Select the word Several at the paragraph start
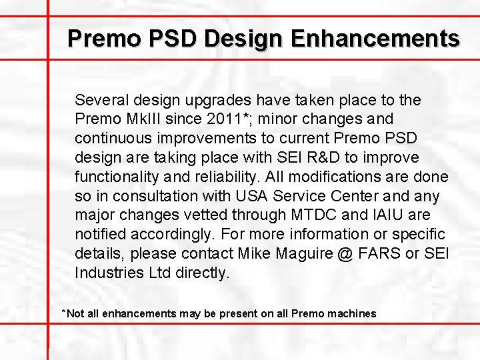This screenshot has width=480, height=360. pos(102,100)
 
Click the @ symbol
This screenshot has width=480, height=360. pos(347,254)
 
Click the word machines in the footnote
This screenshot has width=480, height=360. pos(352,313)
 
